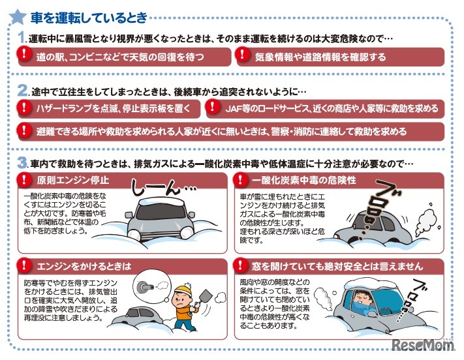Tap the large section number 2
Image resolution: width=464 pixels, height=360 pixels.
pyautogui.click(x=22, y=89)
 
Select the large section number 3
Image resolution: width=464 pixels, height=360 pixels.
pyautogui.click(x=22, y=162)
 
